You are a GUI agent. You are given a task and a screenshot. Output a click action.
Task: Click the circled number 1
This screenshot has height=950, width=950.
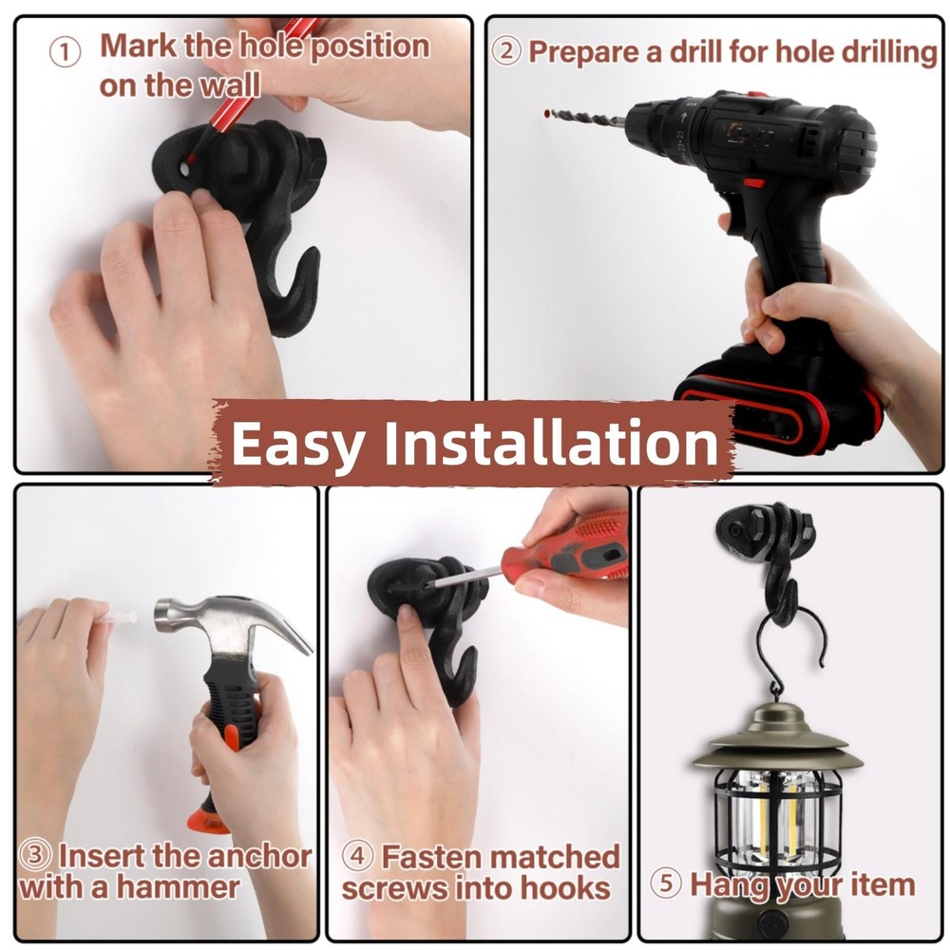pos(65,52)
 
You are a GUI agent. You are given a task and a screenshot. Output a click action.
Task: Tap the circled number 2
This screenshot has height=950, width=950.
pos(506,51)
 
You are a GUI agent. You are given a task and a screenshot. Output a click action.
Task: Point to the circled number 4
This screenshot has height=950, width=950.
pos(357,856)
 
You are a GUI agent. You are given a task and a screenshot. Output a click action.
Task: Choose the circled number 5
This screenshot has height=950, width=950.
pos(666,883)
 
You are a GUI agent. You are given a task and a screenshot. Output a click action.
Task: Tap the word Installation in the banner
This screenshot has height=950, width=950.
pos(551,442)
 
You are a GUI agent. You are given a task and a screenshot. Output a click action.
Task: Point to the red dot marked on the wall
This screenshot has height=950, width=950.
pos(546,113)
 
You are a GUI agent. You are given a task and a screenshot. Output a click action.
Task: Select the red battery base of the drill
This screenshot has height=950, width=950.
pos(779,400)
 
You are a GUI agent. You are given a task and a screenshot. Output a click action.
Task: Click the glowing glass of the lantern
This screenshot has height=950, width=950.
pos(775,820)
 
